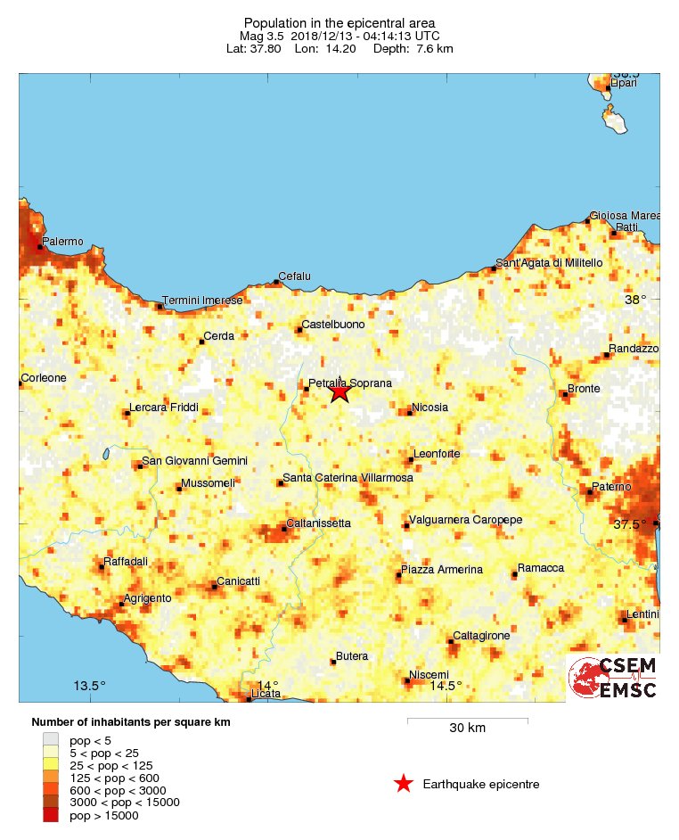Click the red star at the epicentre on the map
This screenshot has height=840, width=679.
(339, 391)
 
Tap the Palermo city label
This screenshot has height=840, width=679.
(62, 242)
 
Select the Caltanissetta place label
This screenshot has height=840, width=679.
(318, 523)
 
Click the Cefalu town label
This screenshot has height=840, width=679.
(294, 276)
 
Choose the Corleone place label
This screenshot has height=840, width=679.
(44, 378)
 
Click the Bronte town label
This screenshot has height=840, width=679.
(584, 389)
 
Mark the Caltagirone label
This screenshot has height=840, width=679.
(481, 636)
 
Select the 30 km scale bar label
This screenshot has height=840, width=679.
(467, 729)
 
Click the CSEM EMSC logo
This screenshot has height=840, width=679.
(613, 678)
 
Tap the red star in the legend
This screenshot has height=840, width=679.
(404, 785)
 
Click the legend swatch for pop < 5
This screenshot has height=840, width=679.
(51, 739)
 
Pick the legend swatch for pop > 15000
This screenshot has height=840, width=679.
(51, 815)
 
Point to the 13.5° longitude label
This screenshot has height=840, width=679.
(89, 686)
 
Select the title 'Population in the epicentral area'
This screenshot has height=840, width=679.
(339, 21)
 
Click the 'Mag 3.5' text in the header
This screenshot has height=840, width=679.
(261, 36)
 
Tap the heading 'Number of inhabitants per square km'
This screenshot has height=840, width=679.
(131, 722)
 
